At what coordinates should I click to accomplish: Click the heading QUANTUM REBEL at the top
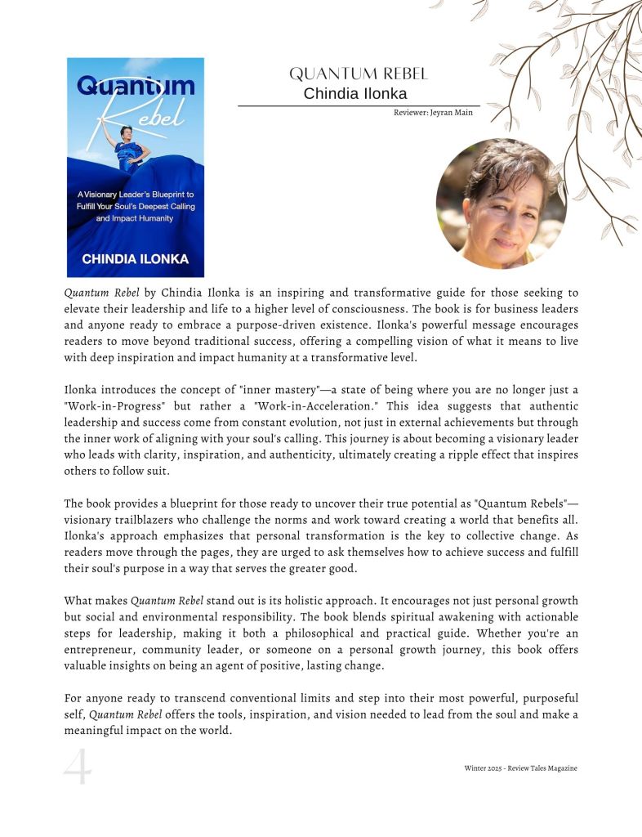359,74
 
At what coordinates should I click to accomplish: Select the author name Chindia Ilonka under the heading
355,94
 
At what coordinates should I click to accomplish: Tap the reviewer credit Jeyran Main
433,113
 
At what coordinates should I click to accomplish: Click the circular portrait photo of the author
501,204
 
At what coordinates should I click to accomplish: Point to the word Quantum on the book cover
136,86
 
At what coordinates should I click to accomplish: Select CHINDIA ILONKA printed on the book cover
136,259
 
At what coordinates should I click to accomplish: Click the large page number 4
78,768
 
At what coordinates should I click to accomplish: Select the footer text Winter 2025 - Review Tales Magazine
520,768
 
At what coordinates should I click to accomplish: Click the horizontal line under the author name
359,105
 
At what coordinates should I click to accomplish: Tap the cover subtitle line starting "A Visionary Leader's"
136,195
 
